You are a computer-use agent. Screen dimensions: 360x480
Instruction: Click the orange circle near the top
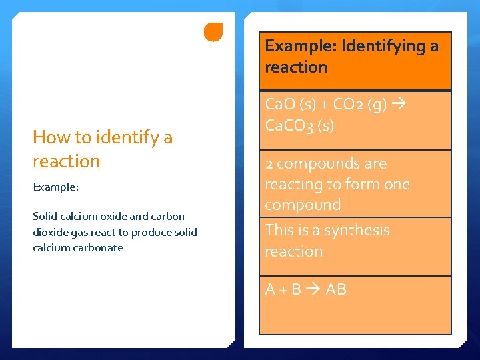tap(213, 32)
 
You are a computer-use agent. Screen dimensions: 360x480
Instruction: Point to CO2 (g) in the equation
tap(366, 105)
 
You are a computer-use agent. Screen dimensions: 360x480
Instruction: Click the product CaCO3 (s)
tap(299, 125)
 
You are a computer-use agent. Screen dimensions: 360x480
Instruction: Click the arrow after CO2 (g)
tap(401, 105)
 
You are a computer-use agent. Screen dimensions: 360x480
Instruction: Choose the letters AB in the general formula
tap(336, 289)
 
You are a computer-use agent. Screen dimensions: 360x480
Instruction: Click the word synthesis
tap(356, 230)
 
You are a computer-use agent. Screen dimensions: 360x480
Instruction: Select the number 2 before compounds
tap(269, 164)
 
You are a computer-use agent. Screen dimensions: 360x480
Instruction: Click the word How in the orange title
tap(52, 137)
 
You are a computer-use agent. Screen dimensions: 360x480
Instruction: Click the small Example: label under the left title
tap(56, 187)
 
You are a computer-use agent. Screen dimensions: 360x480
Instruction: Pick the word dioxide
tap(51, 232)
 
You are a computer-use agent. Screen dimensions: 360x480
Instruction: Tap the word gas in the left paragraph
tap(81, 232)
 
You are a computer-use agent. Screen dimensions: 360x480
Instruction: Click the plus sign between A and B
tap(283, 289)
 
